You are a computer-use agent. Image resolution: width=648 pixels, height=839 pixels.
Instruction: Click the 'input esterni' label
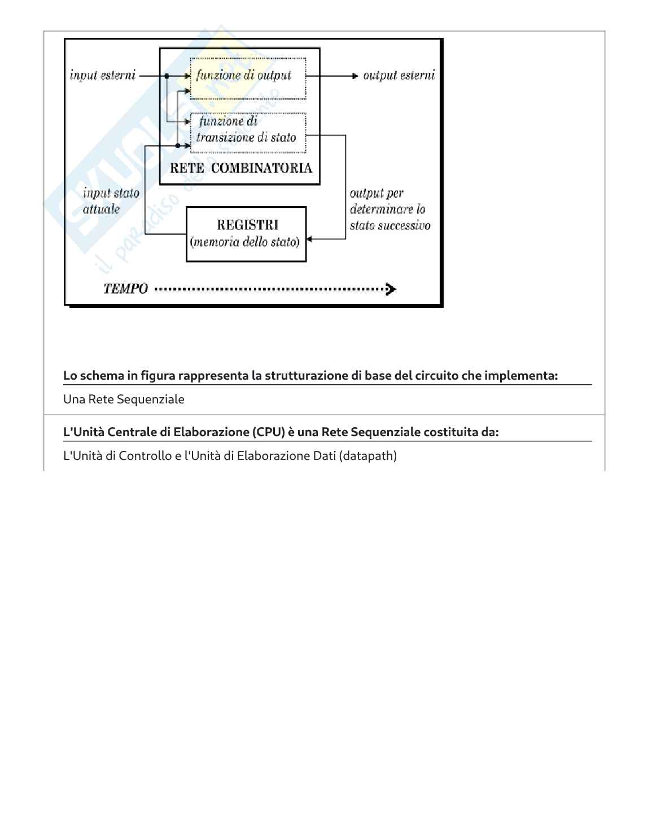[x=103, y=76]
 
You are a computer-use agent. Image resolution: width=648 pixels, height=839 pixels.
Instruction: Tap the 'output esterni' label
[x=399, y=76]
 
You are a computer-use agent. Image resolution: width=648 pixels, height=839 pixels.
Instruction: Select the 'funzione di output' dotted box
[x=248, y=78]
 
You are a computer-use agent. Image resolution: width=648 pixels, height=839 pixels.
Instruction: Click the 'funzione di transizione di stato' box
[x=248, y=133]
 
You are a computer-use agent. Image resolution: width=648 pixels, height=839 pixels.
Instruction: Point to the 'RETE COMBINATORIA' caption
[x=241, y=168]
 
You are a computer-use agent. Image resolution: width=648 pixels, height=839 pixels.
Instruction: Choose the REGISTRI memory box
[x=246, y=233]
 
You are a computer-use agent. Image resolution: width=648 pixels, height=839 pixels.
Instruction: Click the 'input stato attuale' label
[x=111, y=201]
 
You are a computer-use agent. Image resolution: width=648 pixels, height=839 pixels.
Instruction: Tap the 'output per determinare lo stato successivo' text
[x=389, y=210]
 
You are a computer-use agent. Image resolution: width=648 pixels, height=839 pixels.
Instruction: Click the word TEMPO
[x=125, y=289]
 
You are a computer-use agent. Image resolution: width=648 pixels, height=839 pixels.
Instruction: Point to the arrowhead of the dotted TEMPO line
[x=391, y=289]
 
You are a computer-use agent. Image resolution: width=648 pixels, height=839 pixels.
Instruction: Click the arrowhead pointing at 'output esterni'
[x=354, y=76]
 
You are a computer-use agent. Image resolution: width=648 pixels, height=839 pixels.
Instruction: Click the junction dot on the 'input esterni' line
[x=167, y=76]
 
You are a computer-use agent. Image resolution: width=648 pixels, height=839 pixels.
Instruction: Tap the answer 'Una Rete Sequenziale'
[x=124, y=399]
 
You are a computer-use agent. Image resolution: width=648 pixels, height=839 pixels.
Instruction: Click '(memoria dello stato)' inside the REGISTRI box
[x=245, y=242]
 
